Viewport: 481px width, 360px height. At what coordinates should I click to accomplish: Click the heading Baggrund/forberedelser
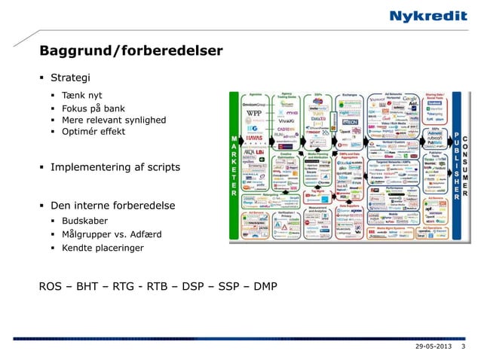[x=131, y=51]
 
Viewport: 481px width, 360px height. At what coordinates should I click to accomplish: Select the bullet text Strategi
[x=71, y=78]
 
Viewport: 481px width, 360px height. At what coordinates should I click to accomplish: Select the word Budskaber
[x=84, y=221]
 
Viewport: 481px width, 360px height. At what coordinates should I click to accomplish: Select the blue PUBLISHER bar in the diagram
[x=456, y=166]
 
